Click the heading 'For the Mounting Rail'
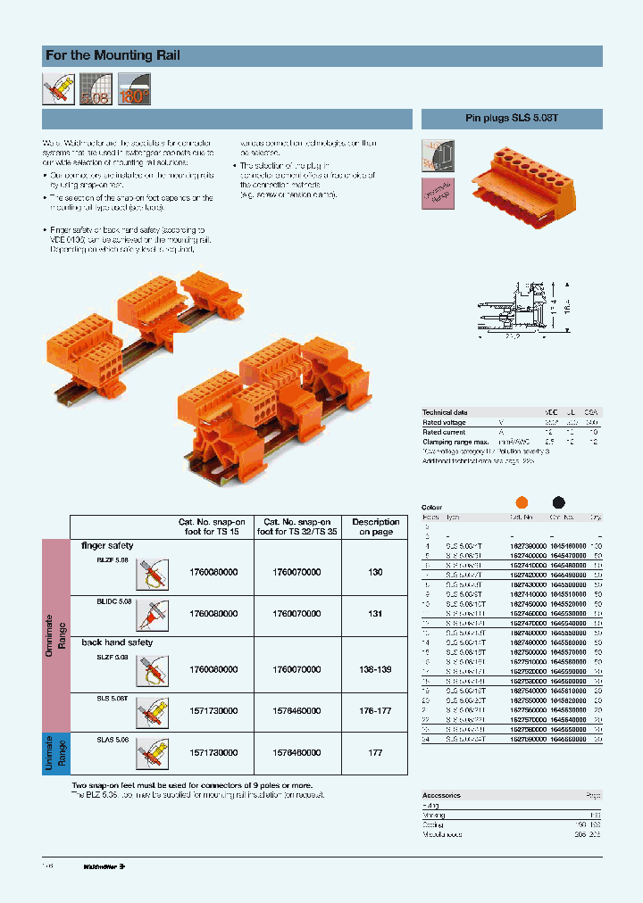click(113, 55)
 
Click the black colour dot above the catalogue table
click(559, 502)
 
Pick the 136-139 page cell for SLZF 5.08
click(375, 669)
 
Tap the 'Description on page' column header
click(375, 527)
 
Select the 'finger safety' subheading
click(107, 545)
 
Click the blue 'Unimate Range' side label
click(55, 753)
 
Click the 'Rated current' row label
click(444, 432)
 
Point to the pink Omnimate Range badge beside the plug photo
click(437, 193)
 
